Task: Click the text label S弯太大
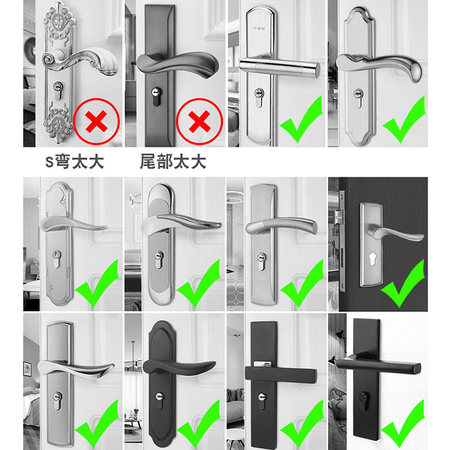[75, 162]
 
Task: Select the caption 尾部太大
[173, 162]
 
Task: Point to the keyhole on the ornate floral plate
[57, 87]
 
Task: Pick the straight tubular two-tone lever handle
[278, 66]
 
